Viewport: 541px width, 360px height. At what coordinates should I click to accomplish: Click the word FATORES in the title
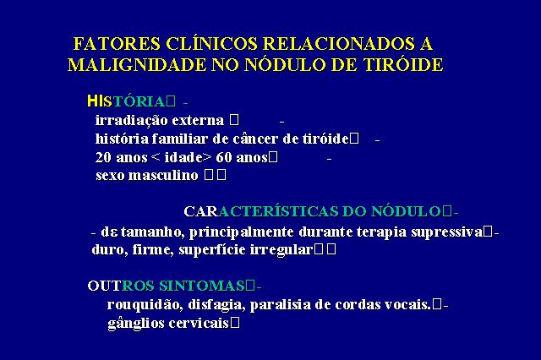[x=117, y=44]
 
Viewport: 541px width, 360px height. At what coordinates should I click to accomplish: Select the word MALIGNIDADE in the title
[x=136, y=65]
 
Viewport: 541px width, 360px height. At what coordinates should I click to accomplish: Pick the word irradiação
[x=132, y=121]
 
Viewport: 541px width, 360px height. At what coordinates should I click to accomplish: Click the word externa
[x=198, y=121]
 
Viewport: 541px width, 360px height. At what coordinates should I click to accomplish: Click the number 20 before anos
[x=103, y=157]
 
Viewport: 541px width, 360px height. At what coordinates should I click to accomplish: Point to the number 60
[x=223, y=157]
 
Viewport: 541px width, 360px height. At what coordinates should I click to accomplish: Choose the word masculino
[x=163, y=176]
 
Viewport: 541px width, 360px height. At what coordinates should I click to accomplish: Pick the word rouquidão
[x=145, y=305]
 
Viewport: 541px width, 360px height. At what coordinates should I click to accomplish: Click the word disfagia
[x=216, y=305]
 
